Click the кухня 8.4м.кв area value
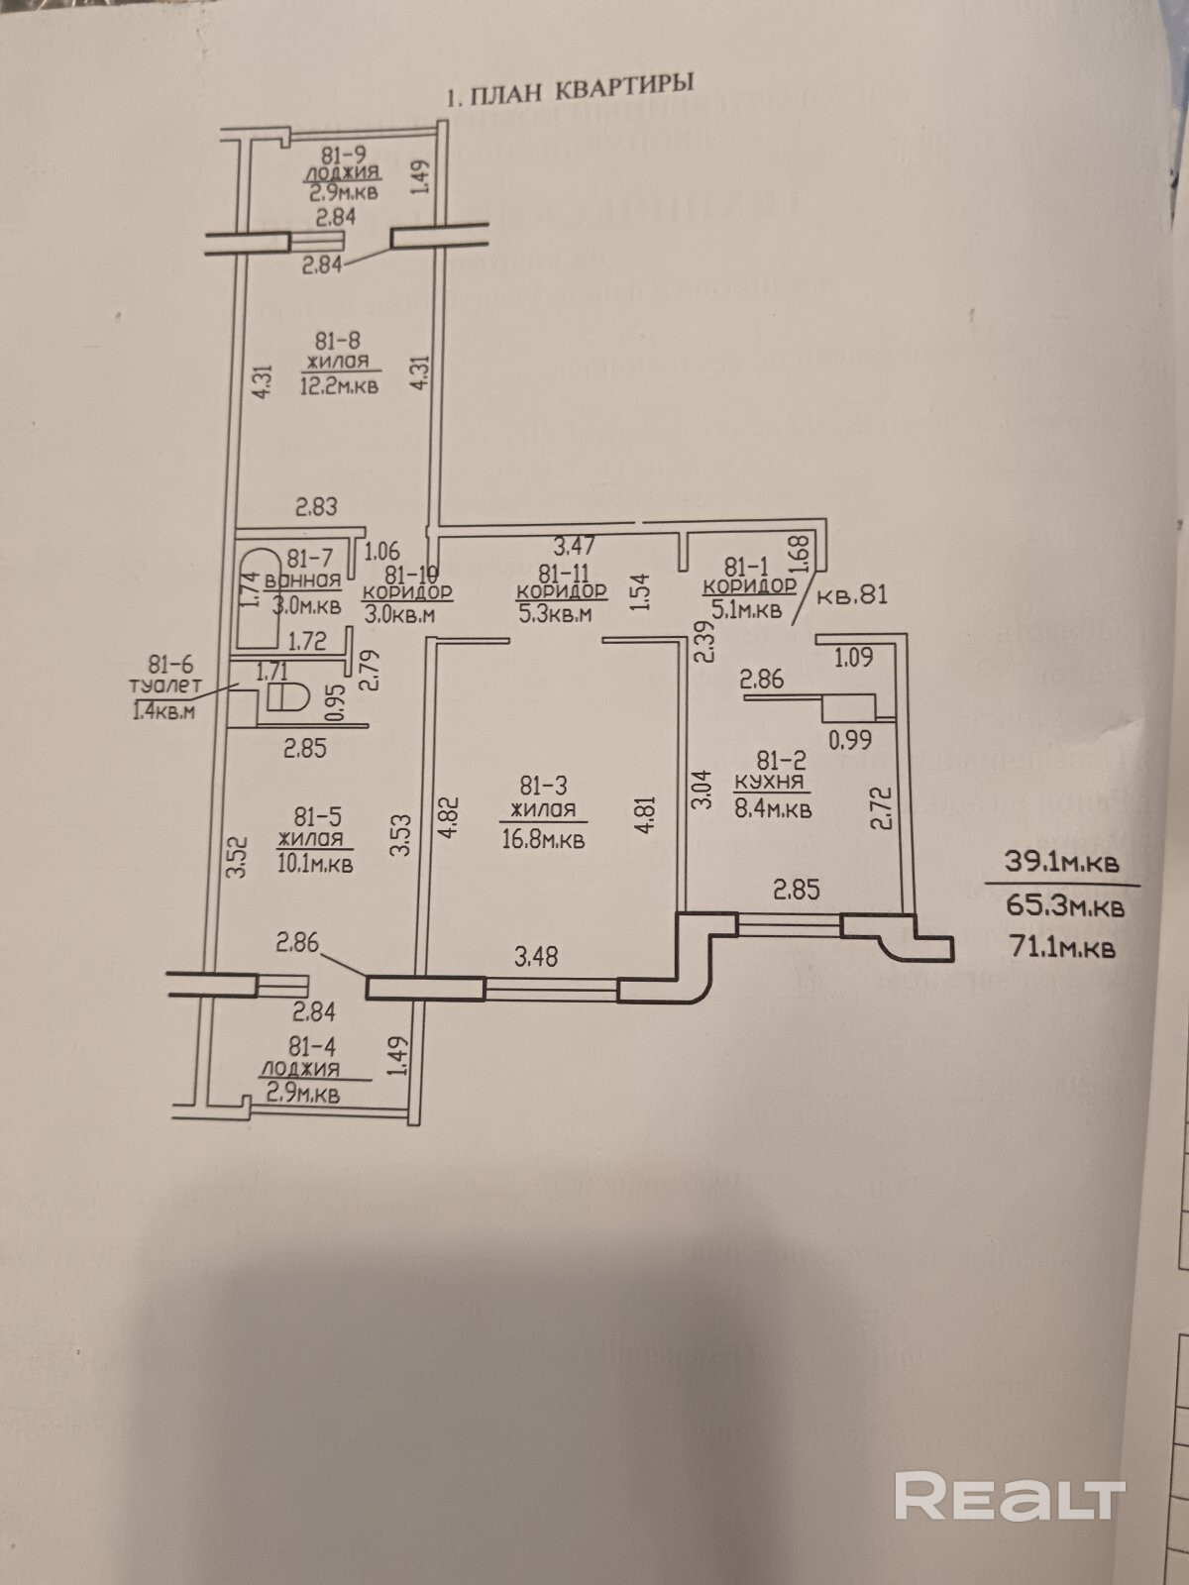(x=773, y=809)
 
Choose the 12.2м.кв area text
(x=339, y=385)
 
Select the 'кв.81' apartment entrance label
(x=851, y=596)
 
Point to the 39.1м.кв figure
(x=1063, y=862)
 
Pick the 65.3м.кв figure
(x=1063, y=905)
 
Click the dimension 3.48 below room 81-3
(x=535, y=956)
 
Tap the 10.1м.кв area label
(x=315, y=863)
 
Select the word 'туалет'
(x=165, y=687)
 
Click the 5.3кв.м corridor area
(x=554, y=614)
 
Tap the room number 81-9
(x=344, y=155)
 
